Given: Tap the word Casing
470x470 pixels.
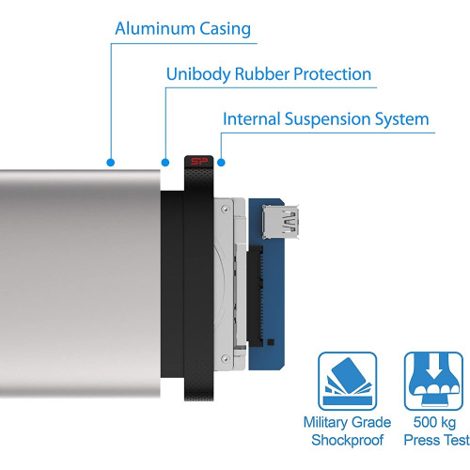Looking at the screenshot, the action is [x=226, y=30].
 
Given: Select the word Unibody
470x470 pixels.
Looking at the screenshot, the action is [x=198, y=75].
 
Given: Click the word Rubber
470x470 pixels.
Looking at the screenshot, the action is [x=262, y=74].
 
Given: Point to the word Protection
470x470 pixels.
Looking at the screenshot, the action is [x=333, y=74].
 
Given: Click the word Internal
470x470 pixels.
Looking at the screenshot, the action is [x=251, y=119].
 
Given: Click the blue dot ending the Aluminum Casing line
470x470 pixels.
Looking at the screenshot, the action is [x=110, y=163].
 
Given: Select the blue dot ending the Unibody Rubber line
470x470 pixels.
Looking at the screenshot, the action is [x=165, y=163].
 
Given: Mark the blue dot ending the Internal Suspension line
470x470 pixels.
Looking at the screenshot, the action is [x=221, y=163].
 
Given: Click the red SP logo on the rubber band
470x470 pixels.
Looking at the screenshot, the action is [x=199, y=162].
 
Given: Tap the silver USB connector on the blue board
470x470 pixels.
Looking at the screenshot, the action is [x=280, y=222].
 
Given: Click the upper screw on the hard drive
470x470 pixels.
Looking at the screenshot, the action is [x=225, y=209].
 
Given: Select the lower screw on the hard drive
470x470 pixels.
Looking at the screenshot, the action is [x=225, y=358].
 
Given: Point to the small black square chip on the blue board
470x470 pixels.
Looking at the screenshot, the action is [x=271, y=342].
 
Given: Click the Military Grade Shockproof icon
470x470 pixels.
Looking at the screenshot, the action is [x=347, y=381].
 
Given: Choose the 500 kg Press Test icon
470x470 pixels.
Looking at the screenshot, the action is [x=433, y=381].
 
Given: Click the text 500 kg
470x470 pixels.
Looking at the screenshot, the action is [x=434, y=423].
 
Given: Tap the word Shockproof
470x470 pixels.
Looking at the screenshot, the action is [x=348, y=440].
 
